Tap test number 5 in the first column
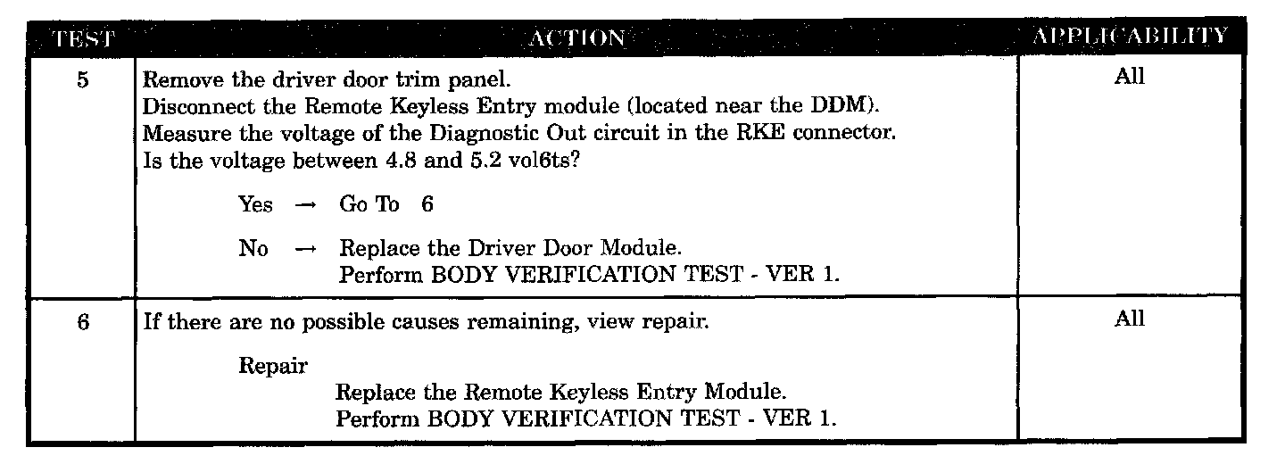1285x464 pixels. (82, 79)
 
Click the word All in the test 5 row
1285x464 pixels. (1129, 77)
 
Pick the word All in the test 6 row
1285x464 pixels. (1129, 320)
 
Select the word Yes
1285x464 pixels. (256, 204)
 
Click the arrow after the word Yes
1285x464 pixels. (305, 205)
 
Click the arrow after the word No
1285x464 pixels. (305, 250)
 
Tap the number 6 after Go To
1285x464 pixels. (427, 204)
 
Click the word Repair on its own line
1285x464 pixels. (273, 366)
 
